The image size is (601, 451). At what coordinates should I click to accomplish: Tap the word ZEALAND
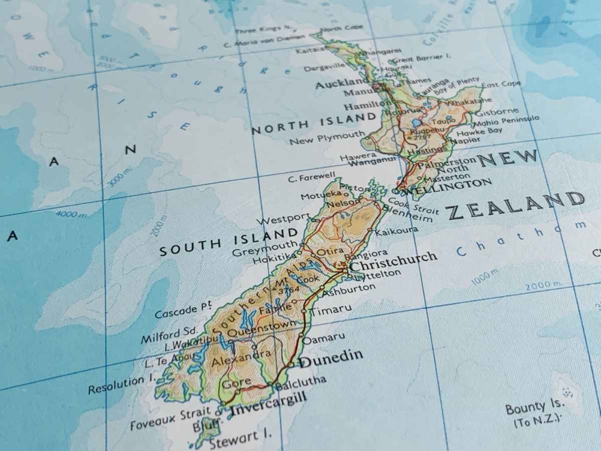point(516,205)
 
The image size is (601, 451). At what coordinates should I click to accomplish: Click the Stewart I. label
point(240,439)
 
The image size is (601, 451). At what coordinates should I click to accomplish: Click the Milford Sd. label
point(169,334)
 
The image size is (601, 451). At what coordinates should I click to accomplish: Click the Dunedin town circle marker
point(291,364)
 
